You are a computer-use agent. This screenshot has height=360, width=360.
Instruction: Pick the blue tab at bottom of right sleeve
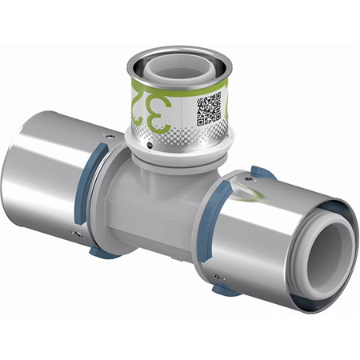(226, 289)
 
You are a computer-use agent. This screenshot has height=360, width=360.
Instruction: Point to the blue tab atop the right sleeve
(260, 171)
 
